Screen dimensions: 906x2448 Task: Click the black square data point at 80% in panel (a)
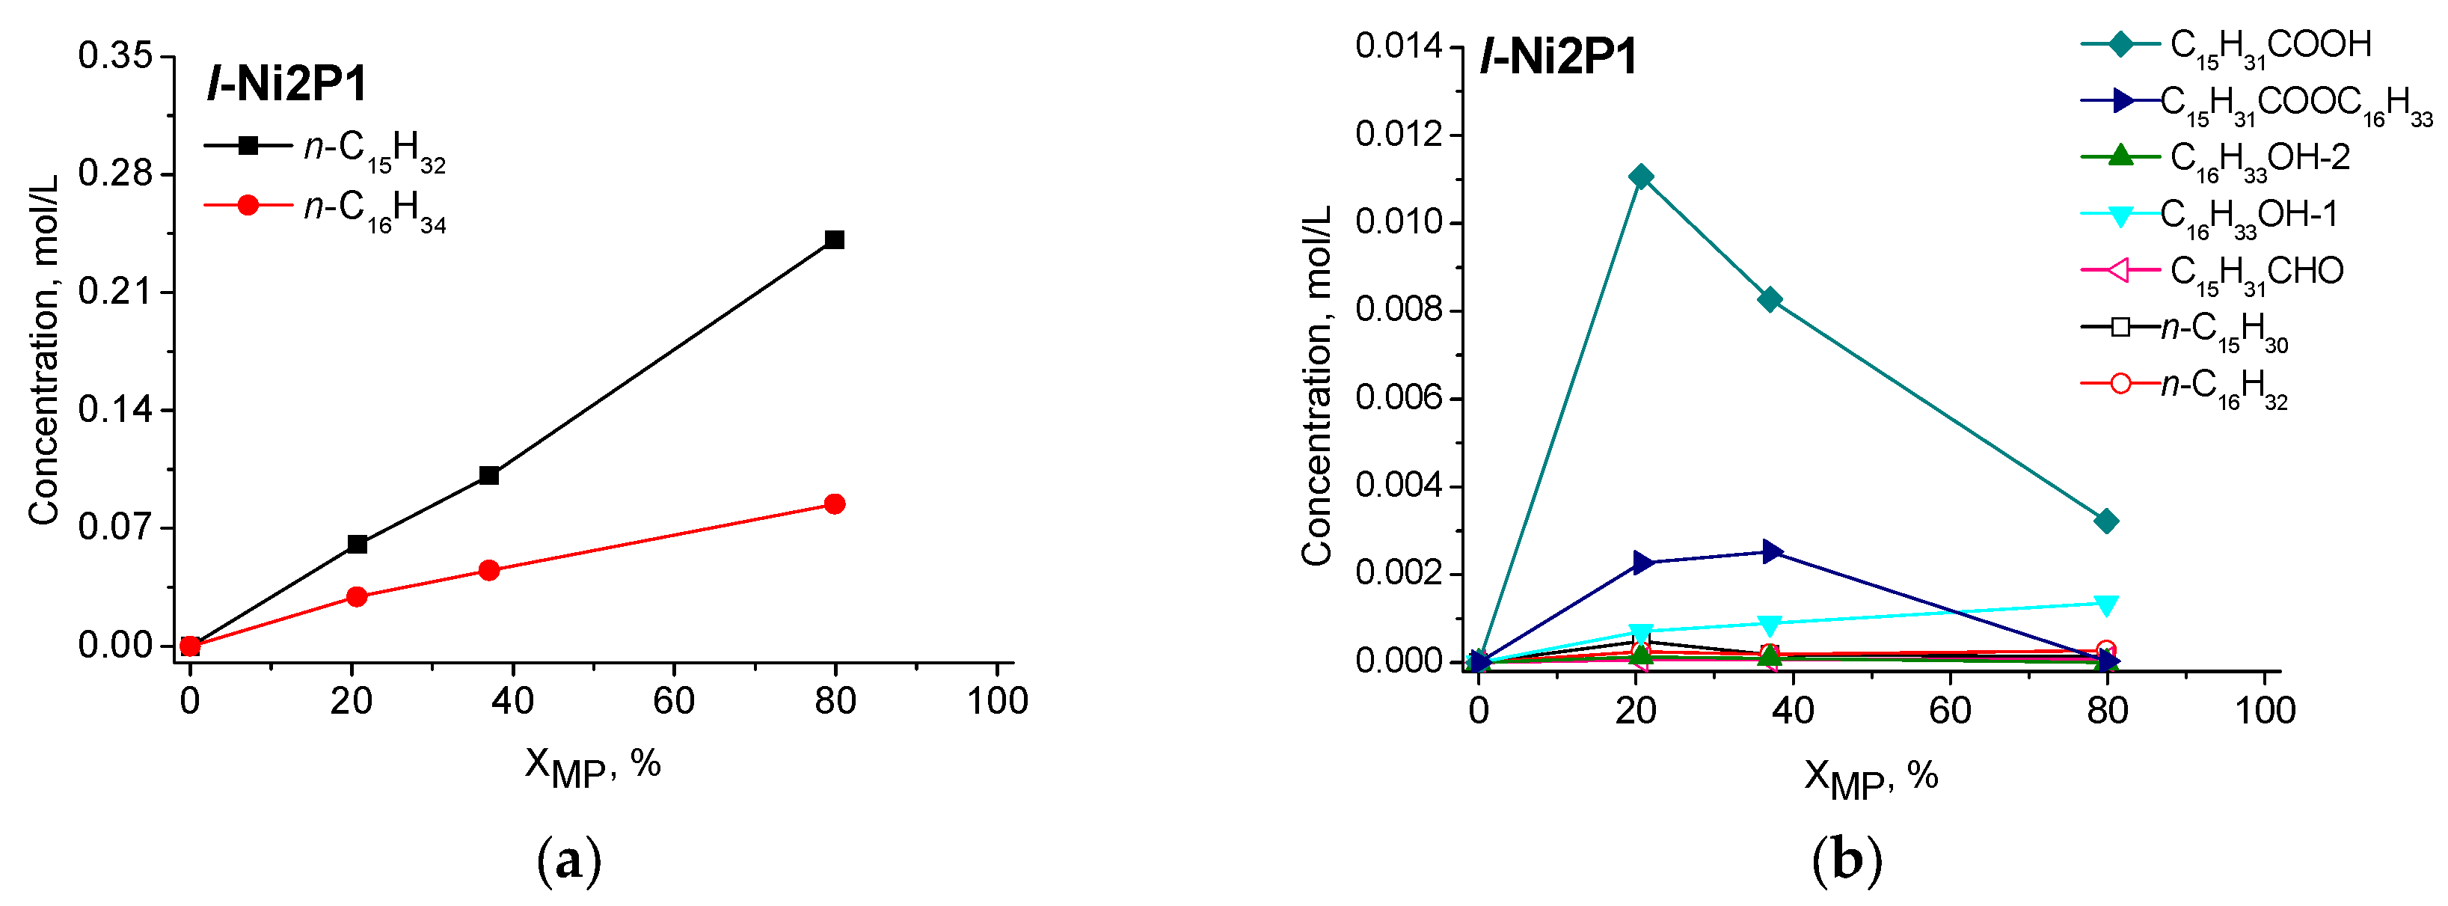[x=835, y=239]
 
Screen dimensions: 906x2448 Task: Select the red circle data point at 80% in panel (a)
[x=835, y=503]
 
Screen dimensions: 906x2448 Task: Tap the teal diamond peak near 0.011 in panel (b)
[x=1641, y=177]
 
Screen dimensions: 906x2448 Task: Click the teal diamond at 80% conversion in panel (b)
[x=2106, y=521]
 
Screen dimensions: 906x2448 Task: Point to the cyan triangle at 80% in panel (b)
[x=2106, y=604]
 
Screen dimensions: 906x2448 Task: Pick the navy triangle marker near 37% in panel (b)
[x=1770, y=551]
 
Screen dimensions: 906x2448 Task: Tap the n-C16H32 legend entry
[x=2224, y=388]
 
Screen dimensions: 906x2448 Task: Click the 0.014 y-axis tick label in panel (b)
[x=1398, y=46]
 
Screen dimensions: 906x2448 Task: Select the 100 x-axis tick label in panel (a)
[x=997, y=702]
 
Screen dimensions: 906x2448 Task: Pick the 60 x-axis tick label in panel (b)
[x=1950, y=711]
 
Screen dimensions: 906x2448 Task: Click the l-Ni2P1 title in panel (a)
[x=287, y=85]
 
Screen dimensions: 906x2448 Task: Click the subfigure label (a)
[x=569, y=861]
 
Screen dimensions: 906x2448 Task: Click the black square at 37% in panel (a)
[x=489, y=475]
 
